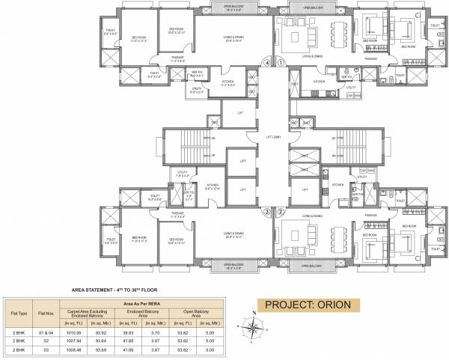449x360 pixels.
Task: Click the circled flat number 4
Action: [x=267, y=64]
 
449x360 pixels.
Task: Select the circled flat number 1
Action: [x=281, y=64]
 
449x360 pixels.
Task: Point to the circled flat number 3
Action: [x=267, y=211]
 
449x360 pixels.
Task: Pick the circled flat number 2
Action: [x=281, y=211]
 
